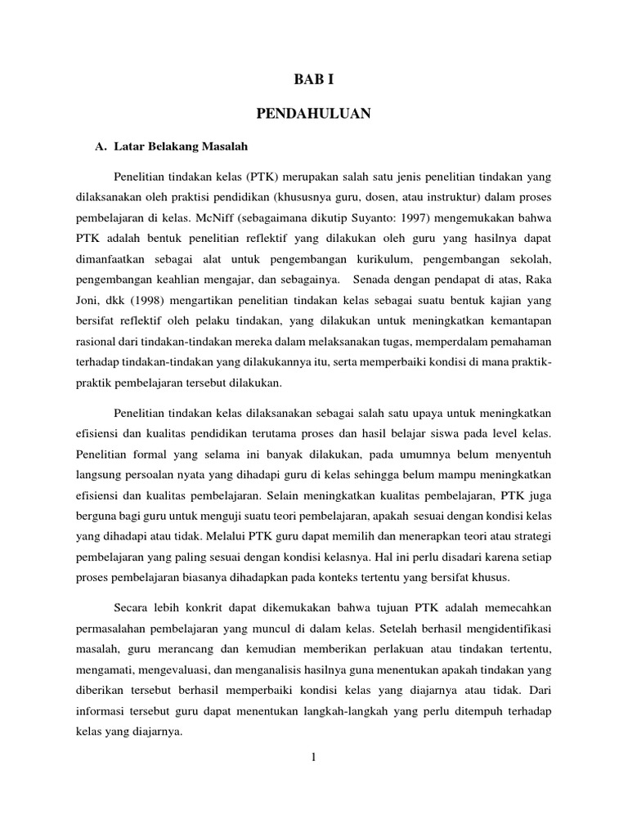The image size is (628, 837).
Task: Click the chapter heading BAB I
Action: pyautogui.click(x=313, y=79)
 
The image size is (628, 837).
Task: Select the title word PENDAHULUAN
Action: pyautogui.click(x=313, y=114)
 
